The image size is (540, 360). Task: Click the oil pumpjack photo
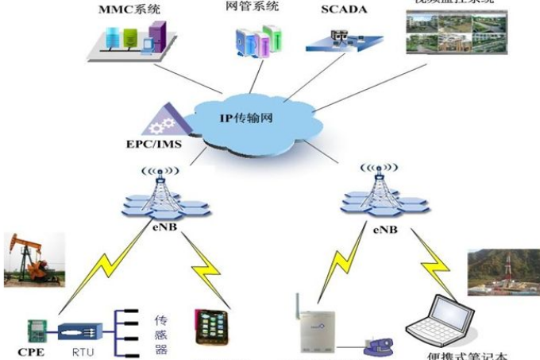tap(33, 259)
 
